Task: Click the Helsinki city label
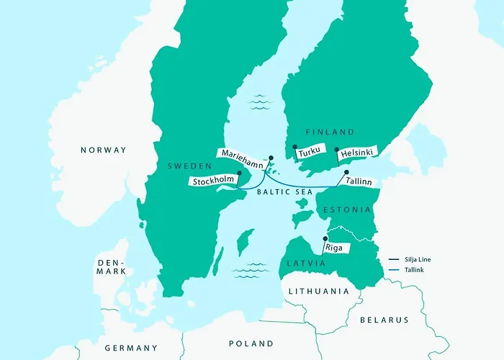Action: (x=356, y=153)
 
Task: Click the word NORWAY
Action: (x=103, y=150)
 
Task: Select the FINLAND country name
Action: (x=330, y=132)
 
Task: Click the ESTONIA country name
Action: (x=347, y=210)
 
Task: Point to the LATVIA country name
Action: (x=305, y=264)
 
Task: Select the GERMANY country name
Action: (x=130, y=348)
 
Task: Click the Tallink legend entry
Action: (x=415, y=271)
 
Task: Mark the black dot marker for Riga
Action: (x=325, y=238)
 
